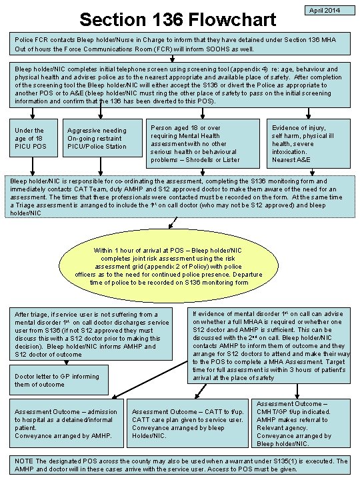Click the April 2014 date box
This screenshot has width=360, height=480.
tap(325, 11)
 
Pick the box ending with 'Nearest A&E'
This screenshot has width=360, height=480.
tap(307, 142)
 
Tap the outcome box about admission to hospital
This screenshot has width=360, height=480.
tap(65, 427)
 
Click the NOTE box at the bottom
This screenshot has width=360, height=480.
tap(179, 465)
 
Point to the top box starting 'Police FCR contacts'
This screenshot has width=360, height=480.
tap(179, 44)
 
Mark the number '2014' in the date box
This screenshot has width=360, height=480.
tap(333, 11)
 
